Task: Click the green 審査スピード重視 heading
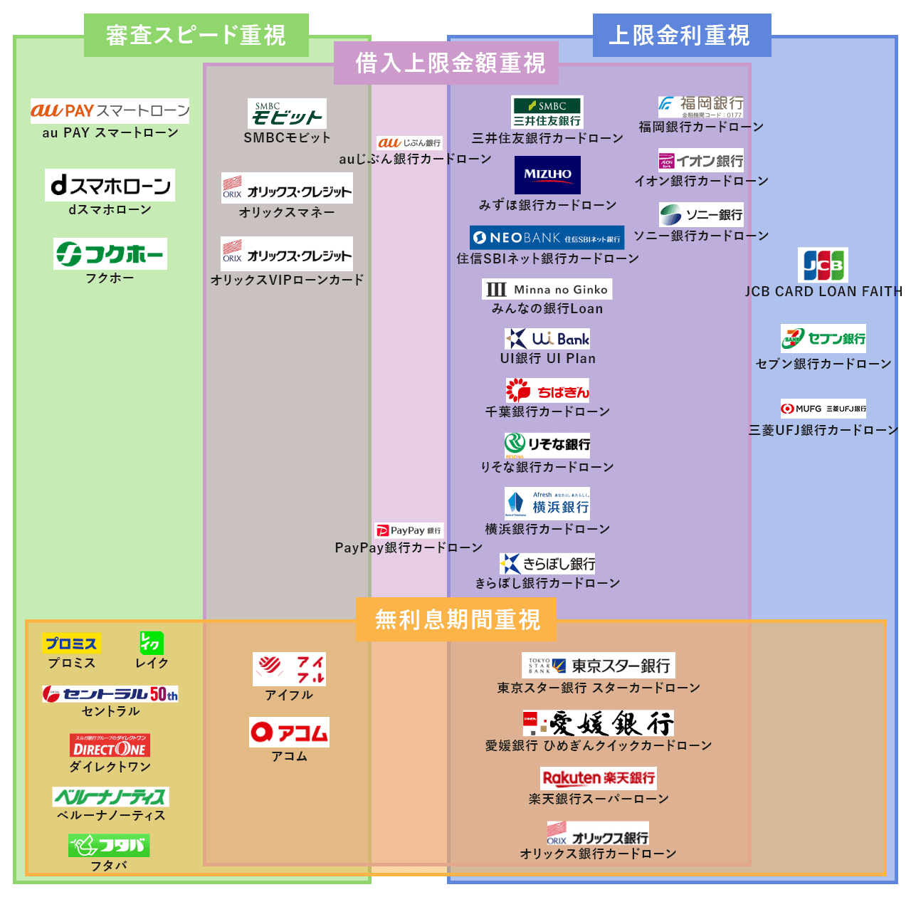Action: coord(196,35)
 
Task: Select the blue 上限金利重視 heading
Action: coord(681,35)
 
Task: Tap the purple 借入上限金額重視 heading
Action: coord(450,63)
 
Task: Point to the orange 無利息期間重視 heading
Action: coord(457,619)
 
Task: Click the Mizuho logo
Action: coord(547,174)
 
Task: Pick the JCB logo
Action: coord(823,266)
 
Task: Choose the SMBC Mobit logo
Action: coord(287,113)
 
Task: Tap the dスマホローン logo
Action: coord(110,185)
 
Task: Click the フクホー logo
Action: coord(110,253)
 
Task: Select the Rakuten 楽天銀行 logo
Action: coord(599,777)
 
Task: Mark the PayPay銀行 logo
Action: coord(409,530)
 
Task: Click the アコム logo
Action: coord(289,733)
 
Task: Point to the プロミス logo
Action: coord(71,644)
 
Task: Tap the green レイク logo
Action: coord(152,643)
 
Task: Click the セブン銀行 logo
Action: coord(823,339)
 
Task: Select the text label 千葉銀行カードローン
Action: coord(547,411)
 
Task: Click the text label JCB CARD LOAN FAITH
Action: coord(823,291)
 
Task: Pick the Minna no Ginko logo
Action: coord(547,289)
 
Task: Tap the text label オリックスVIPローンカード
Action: coord(287,280)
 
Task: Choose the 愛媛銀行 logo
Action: coord(599,723)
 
